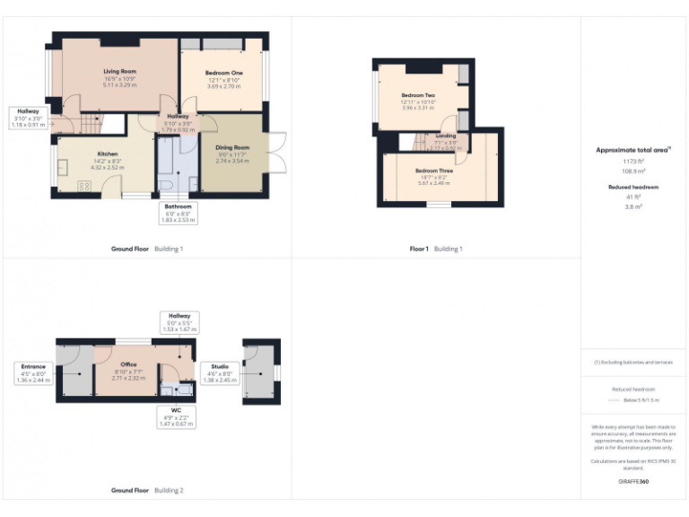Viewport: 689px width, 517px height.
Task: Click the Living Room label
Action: click(119, 70)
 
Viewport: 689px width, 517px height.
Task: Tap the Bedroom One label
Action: click(224, 72)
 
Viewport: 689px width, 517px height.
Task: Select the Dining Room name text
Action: click(231, 147)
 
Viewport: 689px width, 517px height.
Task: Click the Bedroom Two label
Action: click(418, 95)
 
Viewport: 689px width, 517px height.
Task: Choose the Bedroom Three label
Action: click(433, 171)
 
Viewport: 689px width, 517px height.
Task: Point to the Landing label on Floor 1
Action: click(445, 136)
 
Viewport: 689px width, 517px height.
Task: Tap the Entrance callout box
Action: click(34, 372)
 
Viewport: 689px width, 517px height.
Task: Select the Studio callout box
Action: click(219, 372)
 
